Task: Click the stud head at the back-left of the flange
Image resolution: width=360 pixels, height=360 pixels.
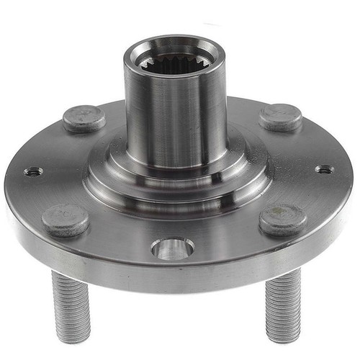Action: (x=84, y=118)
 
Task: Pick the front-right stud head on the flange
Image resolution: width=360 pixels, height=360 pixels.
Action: (x=282, y=219)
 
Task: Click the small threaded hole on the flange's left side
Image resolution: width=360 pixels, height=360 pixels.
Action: (x=33, y=171)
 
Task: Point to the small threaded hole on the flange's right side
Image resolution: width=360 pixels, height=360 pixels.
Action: (x=325, y=170)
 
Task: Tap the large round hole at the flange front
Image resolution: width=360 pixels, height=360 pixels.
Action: (x=172, y=248)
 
